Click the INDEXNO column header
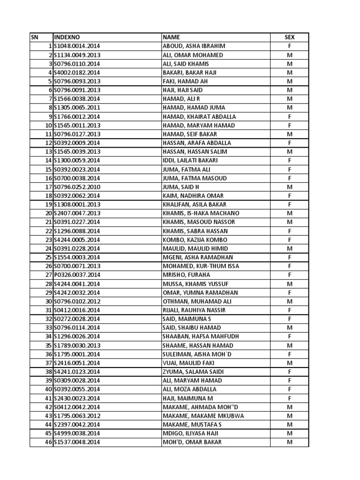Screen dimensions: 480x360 coord(67,37)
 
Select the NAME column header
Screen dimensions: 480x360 coord(171,37)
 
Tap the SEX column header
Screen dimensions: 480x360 coord(290,37)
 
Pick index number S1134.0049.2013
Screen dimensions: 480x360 coord(77,55)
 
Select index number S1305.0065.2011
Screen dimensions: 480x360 coord(77,107)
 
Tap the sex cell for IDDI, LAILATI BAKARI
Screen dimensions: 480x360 coord(290,160)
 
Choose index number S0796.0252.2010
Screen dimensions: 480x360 coord(77,187)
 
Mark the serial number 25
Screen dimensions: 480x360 coord(48,257)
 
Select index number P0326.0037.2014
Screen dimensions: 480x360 coord(77,275)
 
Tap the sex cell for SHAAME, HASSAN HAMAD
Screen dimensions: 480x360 coord(290,345)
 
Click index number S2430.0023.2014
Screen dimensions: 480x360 coord(77,398)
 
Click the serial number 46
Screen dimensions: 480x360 coord(48,442)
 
